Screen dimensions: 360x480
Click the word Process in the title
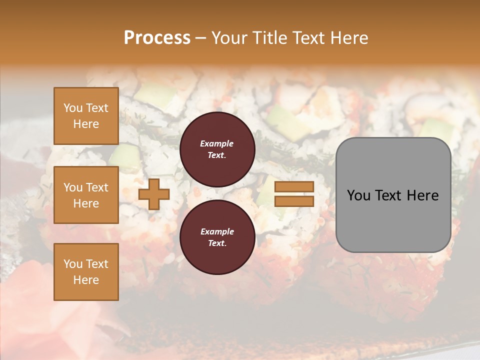157,38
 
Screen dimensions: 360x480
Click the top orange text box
86,116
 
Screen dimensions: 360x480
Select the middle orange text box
86,195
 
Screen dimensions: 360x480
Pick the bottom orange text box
86,272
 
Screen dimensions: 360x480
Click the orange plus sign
153,194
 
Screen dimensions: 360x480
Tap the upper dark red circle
217,149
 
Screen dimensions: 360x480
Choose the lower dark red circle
217,237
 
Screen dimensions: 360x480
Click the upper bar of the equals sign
294,186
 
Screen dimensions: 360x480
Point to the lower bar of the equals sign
294,201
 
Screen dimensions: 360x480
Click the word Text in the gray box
388,195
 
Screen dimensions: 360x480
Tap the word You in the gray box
359,195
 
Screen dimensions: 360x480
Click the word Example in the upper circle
217,144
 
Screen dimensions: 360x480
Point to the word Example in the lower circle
217,232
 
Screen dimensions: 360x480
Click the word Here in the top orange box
86,124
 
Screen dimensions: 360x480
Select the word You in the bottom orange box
73,264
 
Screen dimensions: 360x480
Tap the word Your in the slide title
229,38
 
